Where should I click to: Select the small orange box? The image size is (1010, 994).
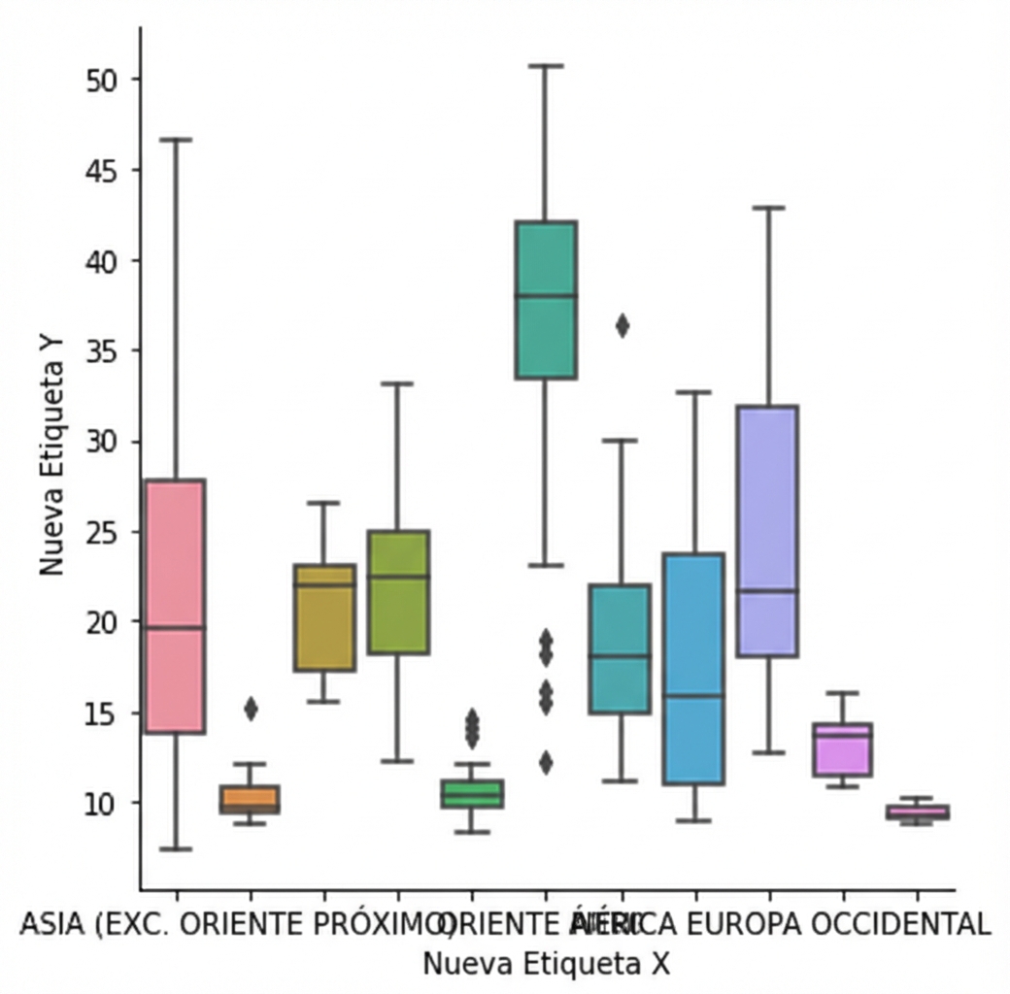pos(250,799)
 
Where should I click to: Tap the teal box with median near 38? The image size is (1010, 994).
pos(545,299)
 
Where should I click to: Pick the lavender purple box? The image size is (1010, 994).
pos(767,530)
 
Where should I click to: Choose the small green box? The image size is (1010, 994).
pos(472,793)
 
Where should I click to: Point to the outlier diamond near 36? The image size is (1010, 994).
pos(622,326)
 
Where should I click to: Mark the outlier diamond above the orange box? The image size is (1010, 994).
pos(251,709)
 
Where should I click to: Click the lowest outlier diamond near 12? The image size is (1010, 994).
pos(545,763)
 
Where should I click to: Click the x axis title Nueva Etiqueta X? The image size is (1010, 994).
pos(546,964)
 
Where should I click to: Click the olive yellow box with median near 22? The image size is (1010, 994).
pos(324,617)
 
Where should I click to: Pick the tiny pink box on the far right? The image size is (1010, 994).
pos(917,812)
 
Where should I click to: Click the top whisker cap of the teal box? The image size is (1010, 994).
pos(545,66)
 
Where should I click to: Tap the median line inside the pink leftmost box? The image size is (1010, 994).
pos(175,628)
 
